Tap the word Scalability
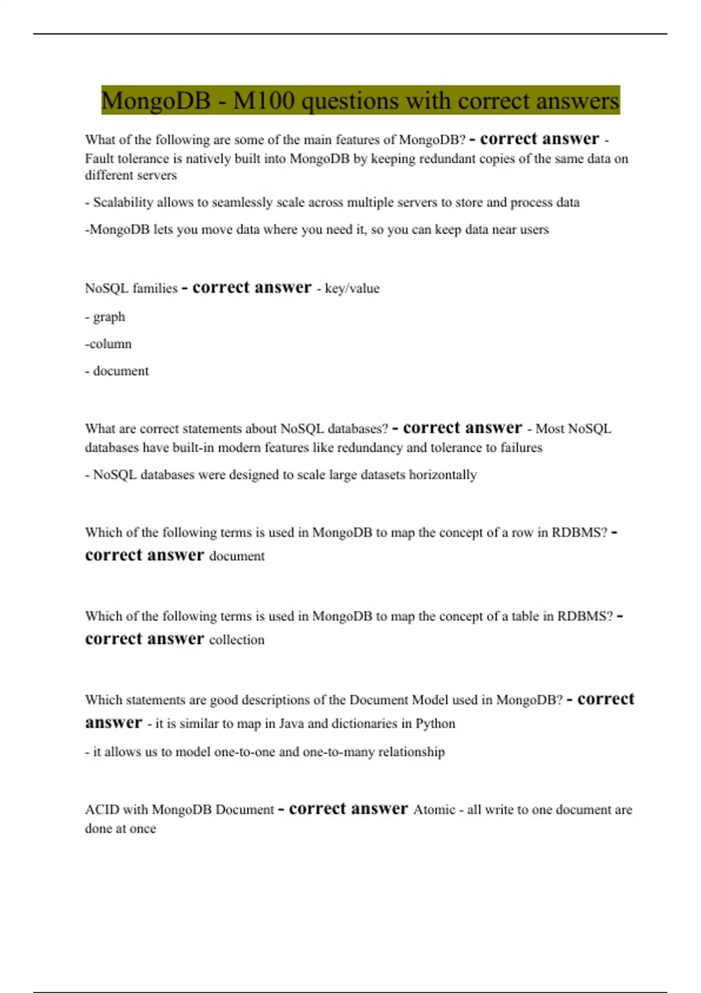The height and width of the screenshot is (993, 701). (x=123, y=203)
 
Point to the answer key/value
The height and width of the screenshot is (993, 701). (x=352, y=289)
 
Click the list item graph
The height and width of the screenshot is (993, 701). (x=109, y=317)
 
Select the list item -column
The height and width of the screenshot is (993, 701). (x=108, y=344)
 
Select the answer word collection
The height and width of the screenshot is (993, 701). (x=237, y=640)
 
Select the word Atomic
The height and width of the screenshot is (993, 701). (x=434, y=810)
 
